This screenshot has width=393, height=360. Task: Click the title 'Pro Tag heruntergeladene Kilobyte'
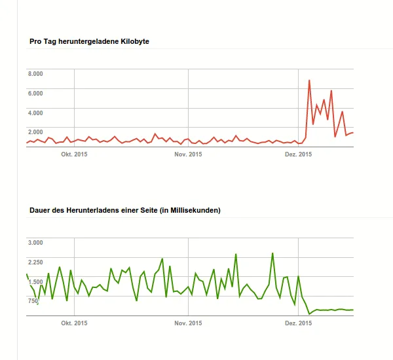89,42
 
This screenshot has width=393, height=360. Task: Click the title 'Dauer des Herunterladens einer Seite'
125,211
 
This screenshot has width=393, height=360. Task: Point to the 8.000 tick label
35,74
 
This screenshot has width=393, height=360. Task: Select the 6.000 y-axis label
35,93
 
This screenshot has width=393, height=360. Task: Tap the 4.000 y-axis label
35,113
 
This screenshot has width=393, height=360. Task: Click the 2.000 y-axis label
35,132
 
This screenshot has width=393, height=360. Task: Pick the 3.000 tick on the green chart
35,243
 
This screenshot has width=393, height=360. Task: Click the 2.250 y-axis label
35,262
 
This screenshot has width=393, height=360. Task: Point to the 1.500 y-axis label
35,281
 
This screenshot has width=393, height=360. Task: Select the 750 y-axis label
33,300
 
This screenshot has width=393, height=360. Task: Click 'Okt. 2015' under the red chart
74,154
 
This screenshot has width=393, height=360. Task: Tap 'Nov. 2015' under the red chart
188,154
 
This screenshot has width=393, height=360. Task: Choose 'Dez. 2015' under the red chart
298,154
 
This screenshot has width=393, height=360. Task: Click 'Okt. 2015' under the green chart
74,323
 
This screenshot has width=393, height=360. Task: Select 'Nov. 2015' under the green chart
188,323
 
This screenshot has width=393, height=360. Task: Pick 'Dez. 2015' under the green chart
298,323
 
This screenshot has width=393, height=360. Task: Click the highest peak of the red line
309,81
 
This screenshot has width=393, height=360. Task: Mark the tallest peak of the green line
272,253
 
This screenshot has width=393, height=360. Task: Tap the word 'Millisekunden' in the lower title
195,211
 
